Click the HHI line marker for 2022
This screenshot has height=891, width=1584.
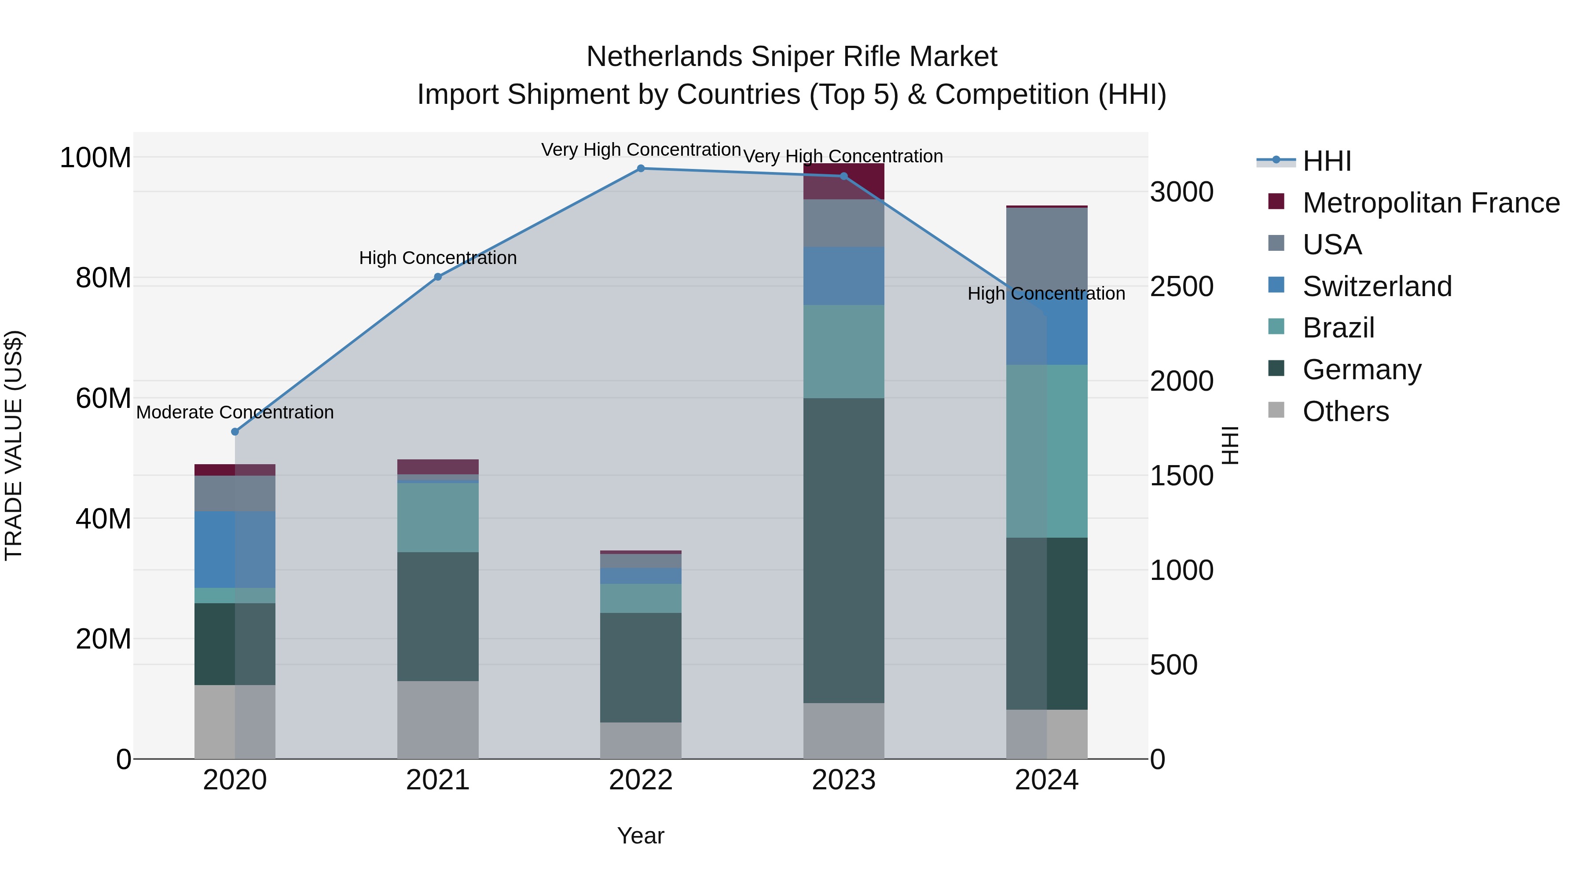pos(641,169)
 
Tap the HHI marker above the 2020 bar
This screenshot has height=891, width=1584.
pos(235,432)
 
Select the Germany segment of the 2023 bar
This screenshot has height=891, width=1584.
pos(843,550)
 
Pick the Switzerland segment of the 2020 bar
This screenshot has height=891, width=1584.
pos(235,549)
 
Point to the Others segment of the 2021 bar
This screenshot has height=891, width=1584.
pos(438,719)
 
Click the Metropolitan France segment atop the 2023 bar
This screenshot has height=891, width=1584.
pos(843,181)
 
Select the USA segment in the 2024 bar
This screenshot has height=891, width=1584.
pos(1047,246)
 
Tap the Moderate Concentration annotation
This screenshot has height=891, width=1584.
pos(235,412)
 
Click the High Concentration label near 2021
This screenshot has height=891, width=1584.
pos(438,258)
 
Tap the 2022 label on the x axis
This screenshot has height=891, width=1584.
pos(641,780)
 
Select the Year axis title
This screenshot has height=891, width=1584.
pos(641,836)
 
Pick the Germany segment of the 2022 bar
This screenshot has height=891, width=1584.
pos(641,667)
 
